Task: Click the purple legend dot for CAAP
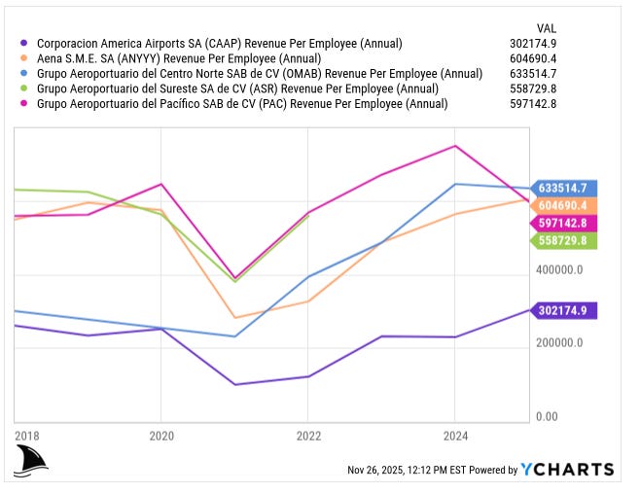click(23, 44)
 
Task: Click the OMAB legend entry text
click(259, 73)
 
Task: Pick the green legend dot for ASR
click(23, 88)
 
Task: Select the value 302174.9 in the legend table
click(560, 44)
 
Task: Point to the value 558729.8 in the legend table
click(560, 88)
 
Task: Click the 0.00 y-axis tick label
click(547, 417)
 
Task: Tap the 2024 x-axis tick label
click(455, 436)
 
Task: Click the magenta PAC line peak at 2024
click(455, 147)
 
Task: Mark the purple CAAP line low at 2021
click(234, 384)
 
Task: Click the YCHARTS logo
click(567, 470)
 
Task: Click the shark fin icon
click(31, 461)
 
